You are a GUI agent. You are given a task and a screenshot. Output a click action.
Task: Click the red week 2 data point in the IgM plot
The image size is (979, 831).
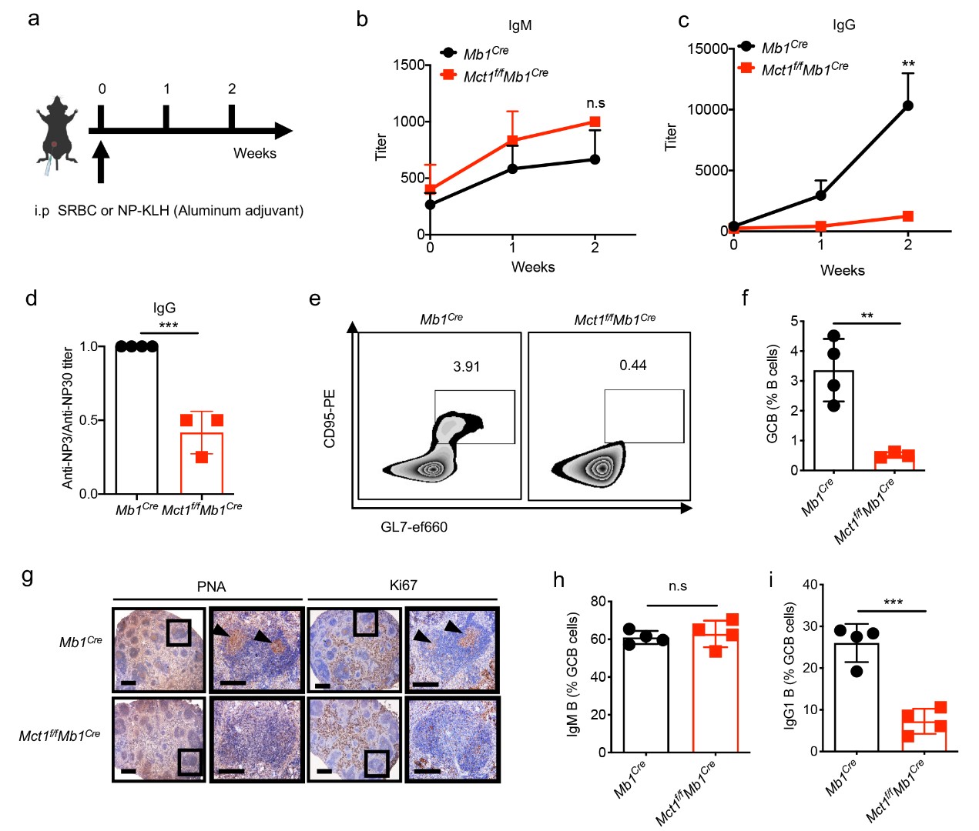595,122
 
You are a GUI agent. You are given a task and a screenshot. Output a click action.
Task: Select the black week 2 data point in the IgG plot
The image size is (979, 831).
908,105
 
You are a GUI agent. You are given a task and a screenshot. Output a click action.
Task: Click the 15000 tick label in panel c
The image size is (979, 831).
708,48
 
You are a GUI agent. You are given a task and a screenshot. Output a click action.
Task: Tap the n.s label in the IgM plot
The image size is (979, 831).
595,103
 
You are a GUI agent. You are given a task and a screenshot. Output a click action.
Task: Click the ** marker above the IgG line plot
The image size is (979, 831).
908,65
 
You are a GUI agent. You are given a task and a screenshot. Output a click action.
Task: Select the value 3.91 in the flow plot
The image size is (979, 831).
467,366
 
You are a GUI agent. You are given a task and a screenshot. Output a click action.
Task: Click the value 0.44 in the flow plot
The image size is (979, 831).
633,365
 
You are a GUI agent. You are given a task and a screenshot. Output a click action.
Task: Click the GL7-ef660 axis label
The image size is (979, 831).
414,527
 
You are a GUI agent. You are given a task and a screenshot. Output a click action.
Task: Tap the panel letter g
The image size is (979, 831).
28,575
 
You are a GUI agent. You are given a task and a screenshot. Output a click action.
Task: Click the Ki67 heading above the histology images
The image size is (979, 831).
403,586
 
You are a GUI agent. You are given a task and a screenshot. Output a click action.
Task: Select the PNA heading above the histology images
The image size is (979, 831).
211,586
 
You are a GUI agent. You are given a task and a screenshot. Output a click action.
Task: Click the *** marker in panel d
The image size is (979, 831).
168,325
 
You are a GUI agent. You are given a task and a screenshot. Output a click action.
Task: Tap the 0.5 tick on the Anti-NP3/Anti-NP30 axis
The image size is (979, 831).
89,420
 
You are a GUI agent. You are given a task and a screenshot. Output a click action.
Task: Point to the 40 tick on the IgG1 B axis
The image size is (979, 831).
810,585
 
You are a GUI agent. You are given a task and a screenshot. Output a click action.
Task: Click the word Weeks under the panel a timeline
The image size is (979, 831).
255,153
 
